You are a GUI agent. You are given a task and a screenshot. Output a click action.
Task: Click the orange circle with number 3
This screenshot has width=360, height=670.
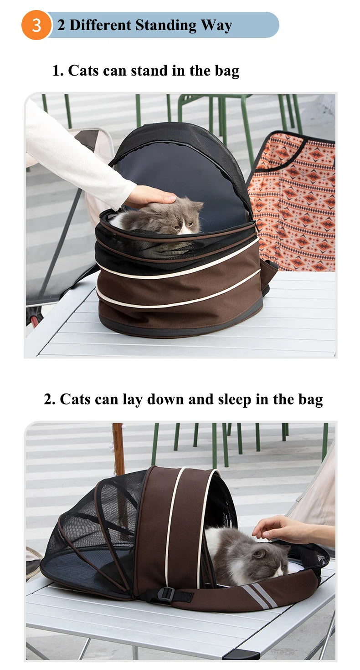tap(36, 25)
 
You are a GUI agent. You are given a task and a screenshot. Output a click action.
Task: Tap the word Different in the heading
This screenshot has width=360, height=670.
tap(100, 25)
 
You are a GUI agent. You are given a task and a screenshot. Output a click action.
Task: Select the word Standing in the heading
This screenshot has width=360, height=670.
tap(166, 25)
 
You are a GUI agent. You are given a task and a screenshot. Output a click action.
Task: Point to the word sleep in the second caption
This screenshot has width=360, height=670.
tap(234, 400)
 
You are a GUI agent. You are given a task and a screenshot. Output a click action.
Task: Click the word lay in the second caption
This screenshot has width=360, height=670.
tap(132, 400)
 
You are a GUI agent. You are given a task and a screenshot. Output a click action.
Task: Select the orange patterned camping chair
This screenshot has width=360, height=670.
tap(292, 201)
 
